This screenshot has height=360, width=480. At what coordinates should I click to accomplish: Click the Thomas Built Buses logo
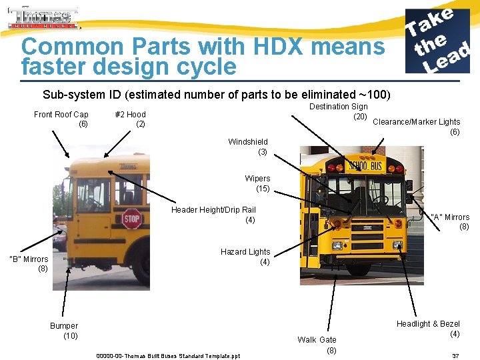coord(43,18)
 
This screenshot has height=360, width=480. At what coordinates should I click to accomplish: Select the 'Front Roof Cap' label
coord(61,119)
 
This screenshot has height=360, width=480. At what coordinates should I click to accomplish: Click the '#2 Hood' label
coord(131,119)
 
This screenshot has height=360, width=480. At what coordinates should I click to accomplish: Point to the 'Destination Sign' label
coord(339,111)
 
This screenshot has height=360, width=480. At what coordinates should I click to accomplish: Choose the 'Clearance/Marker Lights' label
coord(417,127)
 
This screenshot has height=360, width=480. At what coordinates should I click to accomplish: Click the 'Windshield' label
coord(248,147)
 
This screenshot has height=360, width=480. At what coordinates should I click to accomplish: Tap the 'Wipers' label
coord(257,183)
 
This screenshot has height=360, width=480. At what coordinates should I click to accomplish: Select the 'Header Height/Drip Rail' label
coord(213,215)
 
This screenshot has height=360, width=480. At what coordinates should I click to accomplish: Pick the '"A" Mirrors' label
coord(450,221)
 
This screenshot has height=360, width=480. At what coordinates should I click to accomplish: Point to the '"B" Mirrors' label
coord(28,263)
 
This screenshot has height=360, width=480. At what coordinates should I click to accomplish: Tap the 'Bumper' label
coord(64,331)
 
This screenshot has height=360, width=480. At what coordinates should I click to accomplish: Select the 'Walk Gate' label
coord(317,345)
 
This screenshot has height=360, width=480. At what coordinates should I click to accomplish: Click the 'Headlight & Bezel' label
coord(428,329)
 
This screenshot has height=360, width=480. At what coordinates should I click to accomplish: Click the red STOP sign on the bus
coord(131,218)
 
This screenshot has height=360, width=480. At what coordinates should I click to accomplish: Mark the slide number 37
coord(455,356)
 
